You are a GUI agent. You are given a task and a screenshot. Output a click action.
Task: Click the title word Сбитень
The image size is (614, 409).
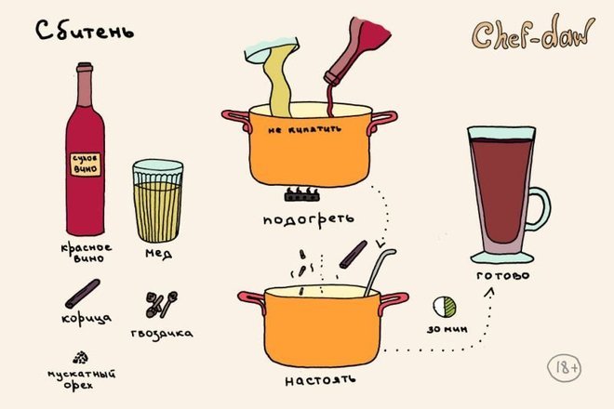[85, 31]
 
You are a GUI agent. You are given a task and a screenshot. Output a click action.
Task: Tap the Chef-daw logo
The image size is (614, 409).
[533, 33]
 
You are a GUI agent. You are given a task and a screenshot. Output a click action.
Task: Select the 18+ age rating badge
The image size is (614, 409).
[565, 368]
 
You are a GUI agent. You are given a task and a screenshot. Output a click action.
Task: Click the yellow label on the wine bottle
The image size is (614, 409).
[86, 164]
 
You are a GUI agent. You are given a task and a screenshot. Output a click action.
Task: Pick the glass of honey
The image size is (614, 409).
[158, 201]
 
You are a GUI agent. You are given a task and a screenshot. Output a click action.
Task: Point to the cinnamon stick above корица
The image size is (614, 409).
[83, 293]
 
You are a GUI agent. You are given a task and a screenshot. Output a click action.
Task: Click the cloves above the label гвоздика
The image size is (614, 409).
[161, 304]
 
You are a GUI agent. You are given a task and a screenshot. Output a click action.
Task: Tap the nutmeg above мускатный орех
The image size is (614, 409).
[80, 357]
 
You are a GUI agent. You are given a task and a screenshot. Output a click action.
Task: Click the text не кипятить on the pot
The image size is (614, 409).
[304, 129]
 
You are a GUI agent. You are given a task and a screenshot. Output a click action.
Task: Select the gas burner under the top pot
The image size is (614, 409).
[302, 194]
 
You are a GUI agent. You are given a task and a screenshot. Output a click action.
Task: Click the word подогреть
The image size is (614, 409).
[309, 219]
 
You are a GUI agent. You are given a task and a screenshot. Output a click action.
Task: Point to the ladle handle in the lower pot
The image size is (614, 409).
[379, 271]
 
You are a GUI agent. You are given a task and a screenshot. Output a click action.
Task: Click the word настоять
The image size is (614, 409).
[320, 380]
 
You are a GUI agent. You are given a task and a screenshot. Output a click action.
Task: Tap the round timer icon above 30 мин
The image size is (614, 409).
[445, 307]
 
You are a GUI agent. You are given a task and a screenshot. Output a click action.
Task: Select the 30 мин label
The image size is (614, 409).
[447, 329]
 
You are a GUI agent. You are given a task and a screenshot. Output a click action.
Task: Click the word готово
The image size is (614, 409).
[503, 275]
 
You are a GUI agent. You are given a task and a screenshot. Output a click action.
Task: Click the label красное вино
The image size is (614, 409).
[87, 253]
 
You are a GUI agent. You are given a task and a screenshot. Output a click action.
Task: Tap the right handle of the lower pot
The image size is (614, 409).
[393, 303]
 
